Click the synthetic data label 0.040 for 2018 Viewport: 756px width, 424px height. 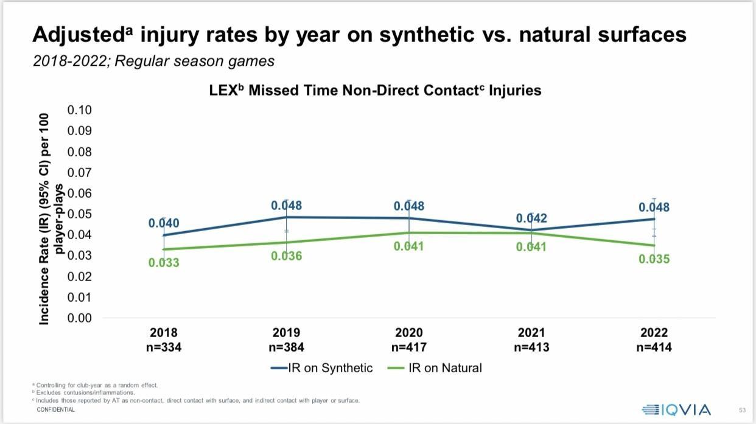tap(164, 223)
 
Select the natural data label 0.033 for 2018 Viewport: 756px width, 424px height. tap(164, 263)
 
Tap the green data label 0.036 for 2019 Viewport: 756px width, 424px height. tap(287, 256)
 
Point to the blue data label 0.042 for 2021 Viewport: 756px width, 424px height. tap(531, 218)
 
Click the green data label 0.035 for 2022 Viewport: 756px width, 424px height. tap(654, 259)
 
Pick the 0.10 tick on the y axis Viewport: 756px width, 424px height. tap(80, 110)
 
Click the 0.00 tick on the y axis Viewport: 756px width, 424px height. tap(80, 318)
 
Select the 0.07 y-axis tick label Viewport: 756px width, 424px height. tap(80, 173)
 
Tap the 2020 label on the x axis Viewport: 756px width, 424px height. tap(409, 333)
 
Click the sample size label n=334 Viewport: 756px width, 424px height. tap(164, 347)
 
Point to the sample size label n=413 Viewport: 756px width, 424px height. tap(531, 347)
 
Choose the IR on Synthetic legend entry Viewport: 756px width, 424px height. tap(322, 368)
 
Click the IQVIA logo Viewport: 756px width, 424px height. tap(676, 409)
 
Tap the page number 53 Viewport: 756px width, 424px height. tap(742, 410)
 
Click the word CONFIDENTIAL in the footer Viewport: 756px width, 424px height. tap(55, 410)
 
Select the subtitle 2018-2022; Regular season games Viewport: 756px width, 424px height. tap(153, 61)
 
